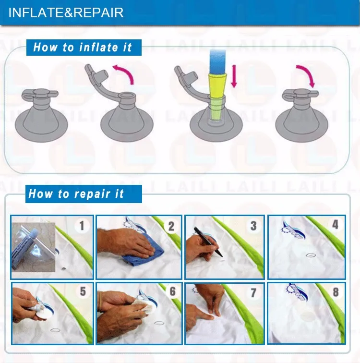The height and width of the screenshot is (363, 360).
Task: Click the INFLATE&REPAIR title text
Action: pos(66,13)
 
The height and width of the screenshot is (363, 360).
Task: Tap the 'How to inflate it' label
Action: pos(83,47)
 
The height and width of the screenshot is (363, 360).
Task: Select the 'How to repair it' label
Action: pos(76,194)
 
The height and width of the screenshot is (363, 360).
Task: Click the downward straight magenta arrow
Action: pos(234,76)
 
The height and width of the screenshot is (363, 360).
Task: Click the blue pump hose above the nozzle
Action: pos(217,61)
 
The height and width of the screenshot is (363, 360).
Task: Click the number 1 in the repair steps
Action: pos(82,226)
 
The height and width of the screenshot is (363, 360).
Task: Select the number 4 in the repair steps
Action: pos(335,224)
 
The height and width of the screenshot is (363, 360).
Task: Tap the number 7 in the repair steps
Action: pos(253,293)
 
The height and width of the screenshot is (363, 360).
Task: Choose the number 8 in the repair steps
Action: pos(336,292)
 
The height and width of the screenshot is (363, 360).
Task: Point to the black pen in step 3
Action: pos(208,242)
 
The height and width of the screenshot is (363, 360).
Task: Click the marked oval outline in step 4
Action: pos(311,255)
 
